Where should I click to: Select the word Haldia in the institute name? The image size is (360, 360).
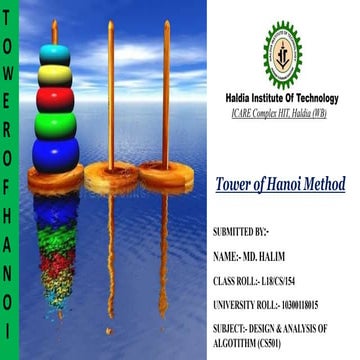[x=235, y=98]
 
